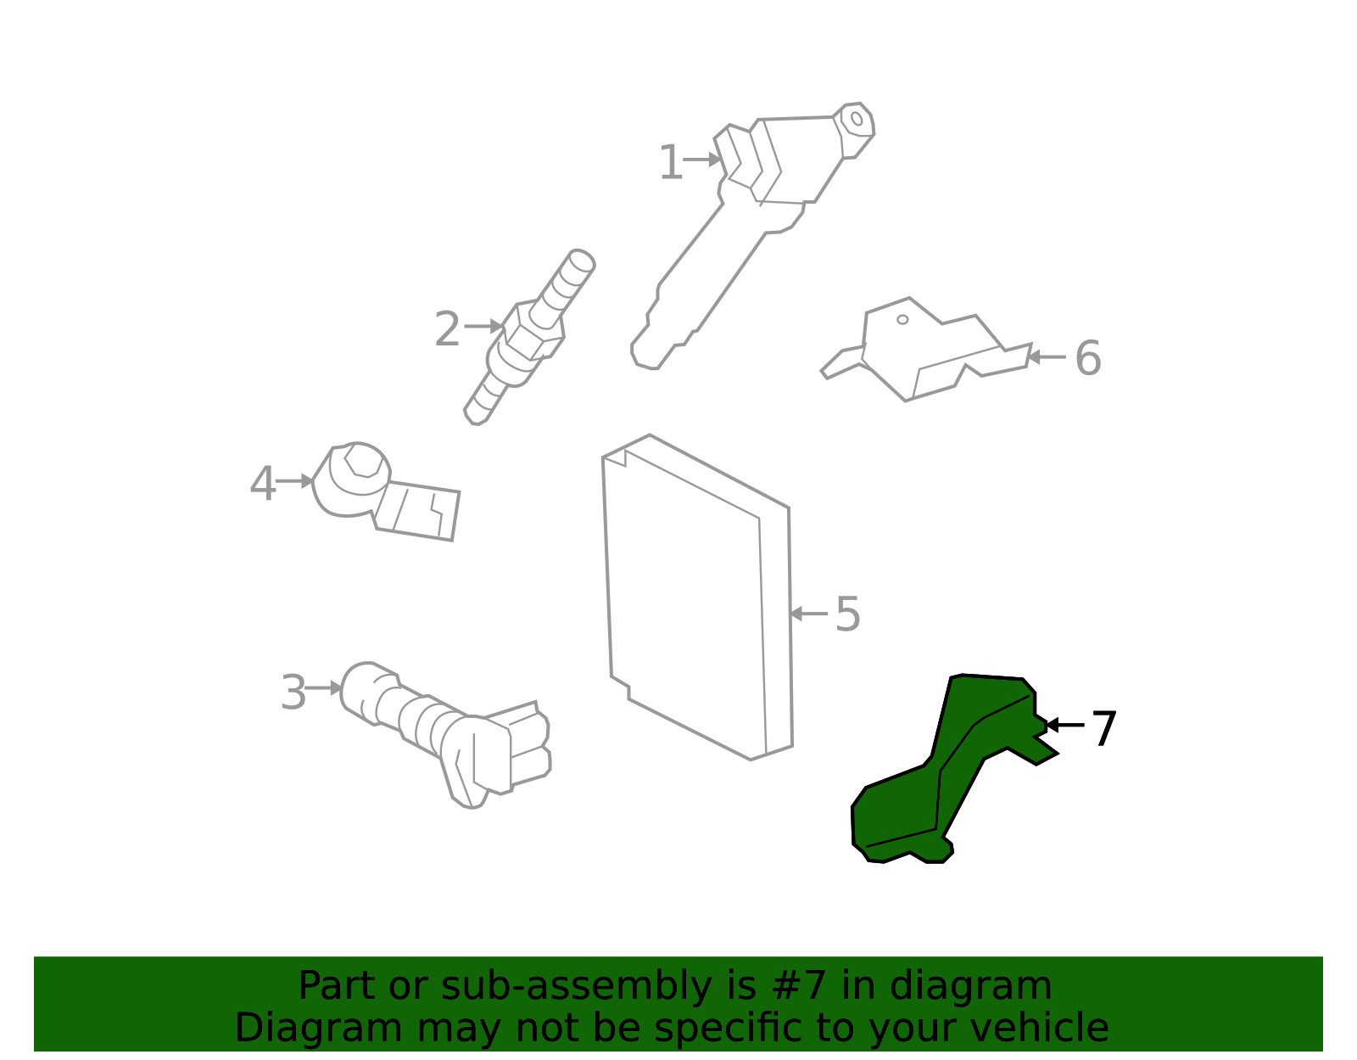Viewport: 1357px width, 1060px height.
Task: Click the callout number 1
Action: click(x=671, y=162)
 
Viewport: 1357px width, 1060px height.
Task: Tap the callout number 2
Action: click(x=447, y=329)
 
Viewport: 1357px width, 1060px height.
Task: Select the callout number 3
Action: click(x=293, y=692)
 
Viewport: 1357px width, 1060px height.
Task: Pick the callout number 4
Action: click(x=262, y=483)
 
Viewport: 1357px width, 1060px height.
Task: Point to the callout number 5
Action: click(x=847, y=614)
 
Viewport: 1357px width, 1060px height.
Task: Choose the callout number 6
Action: click(x=1087, y=358)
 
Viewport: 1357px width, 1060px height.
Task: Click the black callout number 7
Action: click(x=1104, y=727)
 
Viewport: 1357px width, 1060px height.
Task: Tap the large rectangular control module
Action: click(x=697, y=597)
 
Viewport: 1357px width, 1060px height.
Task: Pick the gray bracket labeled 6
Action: click(x=925, y=350)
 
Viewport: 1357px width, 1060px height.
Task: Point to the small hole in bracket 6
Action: click(x=902, y=320)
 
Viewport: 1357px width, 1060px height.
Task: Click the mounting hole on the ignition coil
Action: click(x=857, y=119)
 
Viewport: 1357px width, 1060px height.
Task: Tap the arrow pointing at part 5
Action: click(x=809, y=614)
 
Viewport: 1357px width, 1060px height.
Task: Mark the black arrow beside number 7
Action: click(x=1064, y=725)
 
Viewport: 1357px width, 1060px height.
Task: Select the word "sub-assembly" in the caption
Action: click(x=576, y=986)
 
